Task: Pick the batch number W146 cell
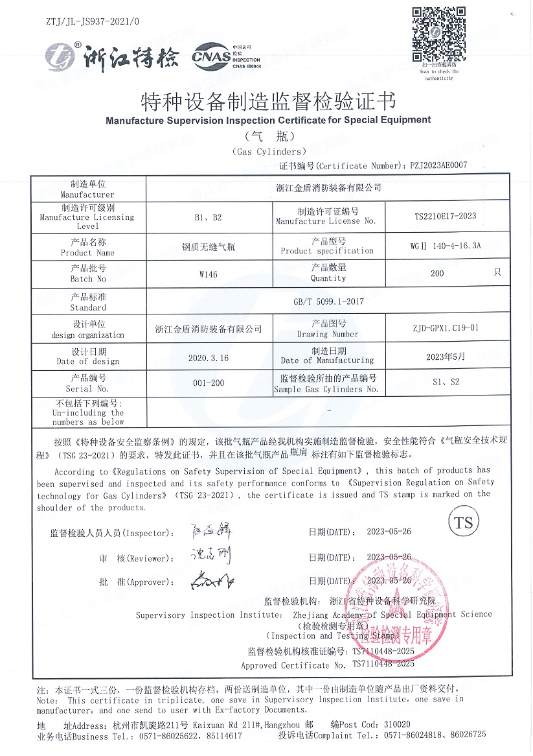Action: [x=209, y=274]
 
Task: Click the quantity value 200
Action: [x=437, y=274]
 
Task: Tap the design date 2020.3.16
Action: [x=209, y=357]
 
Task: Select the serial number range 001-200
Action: [x=209, y=383]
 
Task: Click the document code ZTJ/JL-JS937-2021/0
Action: [x=93, y=22]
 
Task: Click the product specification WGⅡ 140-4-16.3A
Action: [x=444, y=247]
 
